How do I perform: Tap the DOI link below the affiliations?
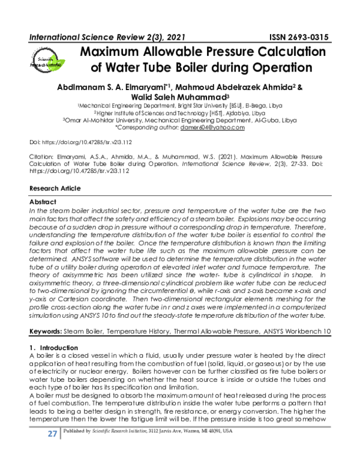[x=81, y=142]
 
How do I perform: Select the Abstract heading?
[x=43, y=202]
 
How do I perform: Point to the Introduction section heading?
[x=57, y=348]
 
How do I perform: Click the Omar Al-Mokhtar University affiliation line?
[x=180, y=120]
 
